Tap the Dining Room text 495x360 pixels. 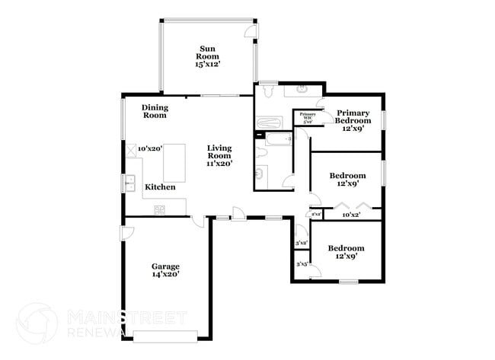click(155, 112)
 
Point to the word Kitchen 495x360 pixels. click(160, 187)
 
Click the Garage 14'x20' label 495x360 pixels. click(165, 270)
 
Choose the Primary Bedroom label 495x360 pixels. click(353, 120)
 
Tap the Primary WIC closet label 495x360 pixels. click(307, 117)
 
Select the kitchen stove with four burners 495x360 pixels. click(161, 209)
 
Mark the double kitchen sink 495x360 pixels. click(129, 183)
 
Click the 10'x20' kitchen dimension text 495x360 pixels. click(150, 149)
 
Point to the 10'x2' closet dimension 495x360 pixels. click(350, 215)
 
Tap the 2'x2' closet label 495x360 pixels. click(315, 215)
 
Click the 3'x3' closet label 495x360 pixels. click(302, 265)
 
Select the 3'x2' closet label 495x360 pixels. click(302, 243)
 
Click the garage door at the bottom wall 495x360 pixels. click(165, 335)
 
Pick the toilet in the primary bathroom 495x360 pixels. click(268, 91)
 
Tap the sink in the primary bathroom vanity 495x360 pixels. click(302, 90)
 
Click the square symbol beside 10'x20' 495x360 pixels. click(130, 150)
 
